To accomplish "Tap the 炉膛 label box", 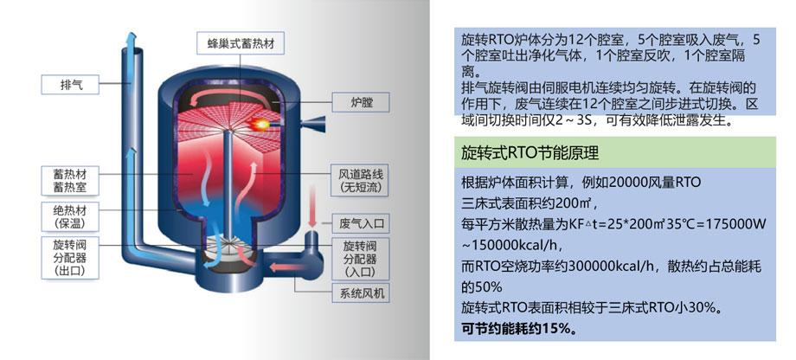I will pyautogui.click(x=360, y=102).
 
